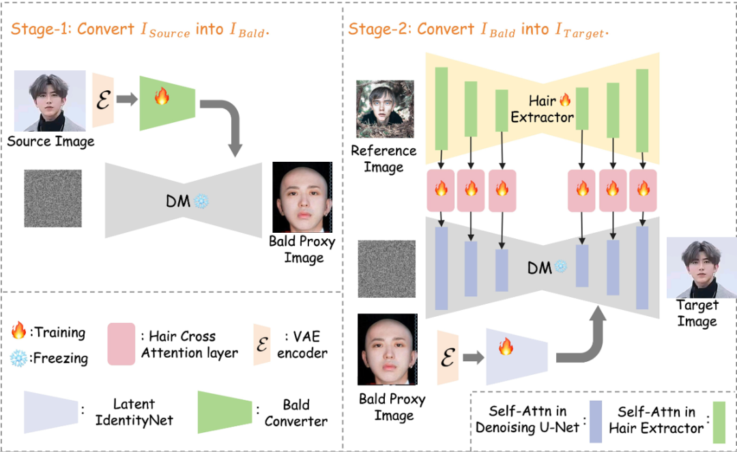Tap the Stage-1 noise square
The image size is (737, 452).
[x=53, y=198]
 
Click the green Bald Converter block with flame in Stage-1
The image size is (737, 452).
[x=162, y=102]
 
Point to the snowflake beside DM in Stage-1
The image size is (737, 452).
[x=202, y=201]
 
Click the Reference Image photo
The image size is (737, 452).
[x=385, y=109]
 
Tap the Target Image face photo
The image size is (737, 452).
[x=701, y=267]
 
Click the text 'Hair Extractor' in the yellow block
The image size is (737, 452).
[x=543, y=109]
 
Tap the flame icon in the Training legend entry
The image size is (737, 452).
[x=19, y=333]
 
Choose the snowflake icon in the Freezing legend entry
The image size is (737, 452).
[x=19, y=357]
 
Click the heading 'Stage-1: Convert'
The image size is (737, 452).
[x=72, y=29]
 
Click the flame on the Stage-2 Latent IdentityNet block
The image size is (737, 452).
[x=506, y=348]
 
